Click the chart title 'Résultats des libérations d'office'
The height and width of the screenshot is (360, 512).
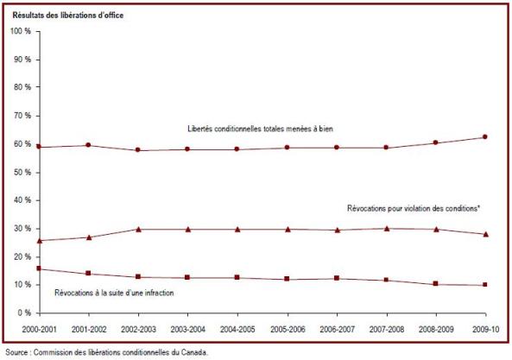(x=68, y=16)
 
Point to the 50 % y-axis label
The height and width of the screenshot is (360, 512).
(x=22, y=173)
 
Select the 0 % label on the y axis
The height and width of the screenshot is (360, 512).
(x=24, y=313)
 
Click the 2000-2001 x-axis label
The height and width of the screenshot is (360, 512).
(x=39, y=329)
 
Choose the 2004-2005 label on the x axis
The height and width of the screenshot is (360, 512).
(x=237, y=329)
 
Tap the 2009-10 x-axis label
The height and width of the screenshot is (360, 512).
(x=485, y=329)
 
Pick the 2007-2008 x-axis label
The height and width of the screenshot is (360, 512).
(x=387, y=329)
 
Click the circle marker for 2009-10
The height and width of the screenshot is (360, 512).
(x=485, y=136)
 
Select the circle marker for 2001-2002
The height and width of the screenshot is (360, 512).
(x=88, y=145)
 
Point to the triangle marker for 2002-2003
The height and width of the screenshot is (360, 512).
(x=138, y=230)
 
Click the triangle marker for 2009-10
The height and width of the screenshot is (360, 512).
(x=486, y=234)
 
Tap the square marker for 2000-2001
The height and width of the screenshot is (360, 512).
(x=39, y=268)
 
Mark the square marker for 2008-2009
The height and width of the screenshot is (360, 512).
(x=435, y=284)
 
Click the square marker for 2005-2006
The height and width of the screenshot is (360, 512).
(x=287, y=279)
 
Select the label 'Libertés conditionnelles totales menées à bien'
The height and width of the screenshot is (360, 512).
(x=260, y=129)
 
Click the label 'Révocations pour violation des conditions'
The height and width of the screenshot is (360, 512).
(x=413, y=208)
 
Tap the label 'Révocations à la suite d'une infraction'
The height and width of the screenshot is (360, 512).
(x=114, y=293)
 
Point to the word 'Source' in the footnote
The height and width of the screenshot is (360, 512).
(x=16, y=352)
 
